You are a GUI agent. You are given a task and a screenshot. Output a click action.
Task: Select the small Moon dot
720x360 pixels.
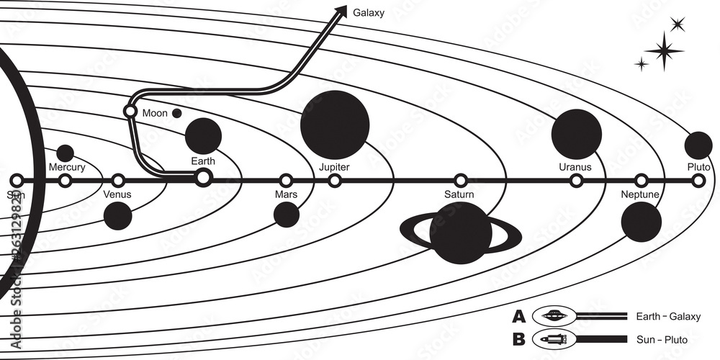pyautogui.click(x=176, y=113)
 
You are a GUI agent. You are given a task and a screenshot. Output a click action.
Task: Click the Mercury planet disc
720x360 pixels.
pyautogui.click(x=65, y=153)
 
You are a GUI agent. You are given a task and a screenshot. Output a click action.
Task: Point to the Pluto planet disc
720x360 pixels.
pyautogui.click(x=698, y=145)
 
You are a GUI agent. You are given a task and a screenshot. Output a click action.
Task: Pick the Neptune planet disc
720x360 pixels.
pyautogui.click(x=641, y=222)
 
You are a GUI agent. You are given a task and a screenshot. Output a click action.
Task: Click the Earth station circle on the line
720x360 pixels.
pyautogui.click(x=204, y=176)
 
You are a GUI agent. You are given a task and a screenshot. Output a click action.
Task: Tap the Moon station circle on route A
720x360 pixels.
pyautogui.click(x=130, y=112)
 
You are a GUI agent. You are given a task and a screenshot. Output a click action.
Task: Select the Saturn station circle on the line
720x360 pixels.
pyautogui.click(x=460, y=180)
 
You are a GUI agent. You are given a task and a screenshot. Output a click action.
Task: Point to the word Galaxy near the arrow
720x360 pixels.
pyautogui.click(x=368, y=12)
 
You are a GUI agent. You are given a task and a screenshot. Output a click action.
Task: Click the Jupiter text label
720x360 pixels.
pyautogui.click(x=334, y=167)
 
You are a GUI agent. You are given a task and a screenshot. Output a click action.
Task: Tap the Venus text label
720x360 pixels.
pyautogui.click(x=118, y=194)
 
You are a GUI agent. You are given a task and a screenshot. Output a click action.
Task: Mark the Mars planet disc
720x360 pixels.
pyautogui.click(x=287, y=214)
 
